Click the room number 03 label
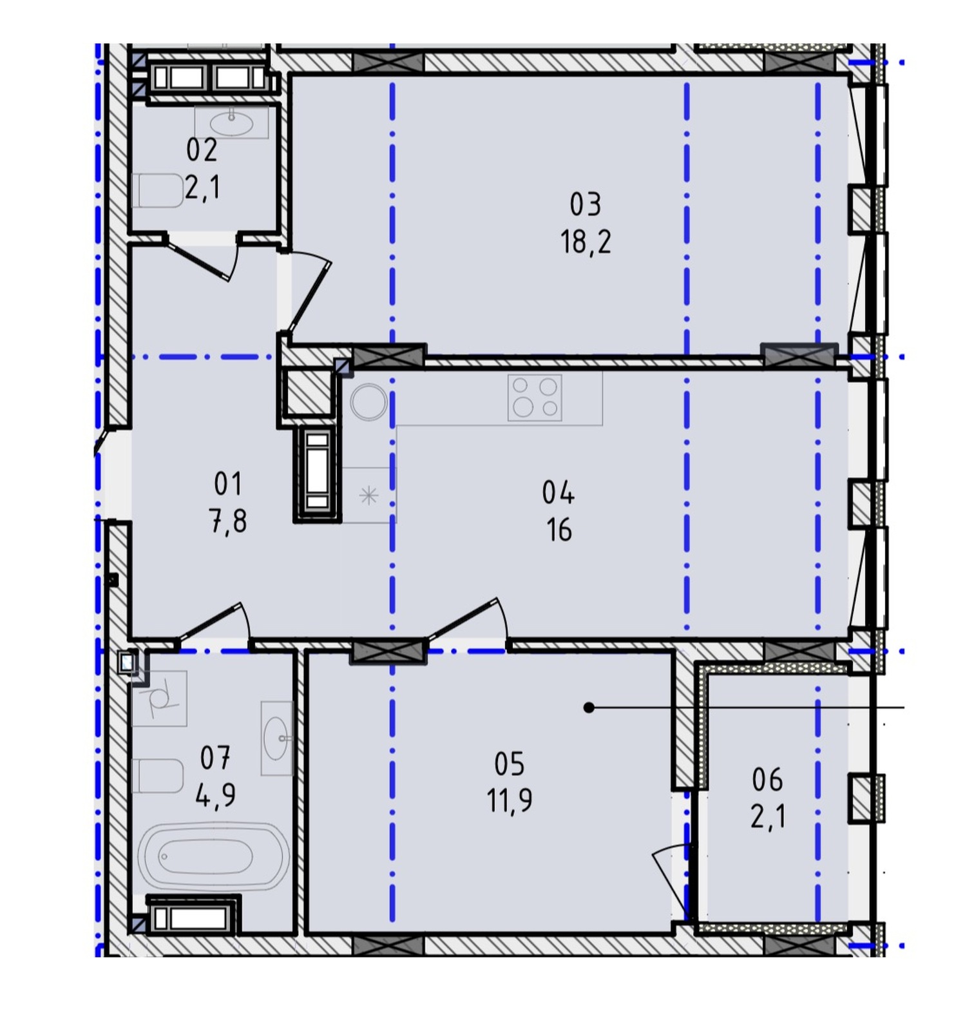tap(585, 204)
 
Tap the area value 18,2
tap(585, 242)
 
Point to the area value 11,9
tap(509, 801)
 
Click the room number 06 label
tap(767, 780)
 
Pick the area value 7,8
tap(227, 521)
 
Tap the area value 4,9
tap(215, 795)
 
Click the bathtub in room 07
tap(214, 856)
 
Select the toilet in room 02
tap(158, 191)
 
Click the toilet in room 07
tap(158, 776)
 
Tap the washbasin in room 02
tap(231, 122)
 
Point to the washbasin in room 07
tap(277, 738)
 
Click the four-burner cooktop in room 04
tap(535, 398)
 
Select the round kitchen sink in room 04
tap(369, 402)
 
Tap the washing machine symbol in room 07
tap(159, 698)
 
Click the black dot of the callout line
tap(588, 708)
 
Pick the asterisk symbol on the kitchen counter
tap(368, 496)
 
